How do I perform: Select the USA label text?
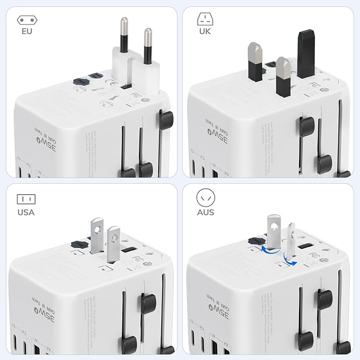point(25,212)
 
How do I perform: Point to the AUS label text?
point(206,212)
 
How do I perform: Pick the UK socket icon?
point(205,20)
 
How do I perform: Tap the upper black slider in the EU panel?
point(166,119)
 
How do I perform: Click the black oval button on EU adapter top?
point(80,82)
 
